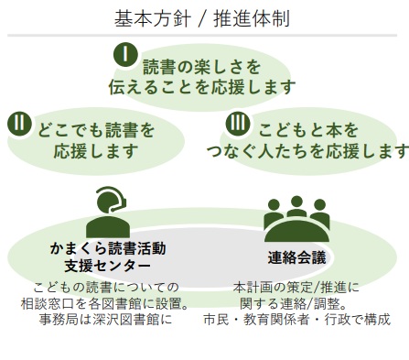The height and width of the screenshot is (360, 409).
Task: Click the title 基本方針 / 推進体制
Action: tap(204, 17)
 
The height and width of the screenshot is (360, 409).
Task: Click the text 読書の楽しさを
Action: tap(201, 67)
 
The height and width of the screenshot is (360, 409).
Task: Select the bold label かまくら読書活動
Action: tap(108, 248)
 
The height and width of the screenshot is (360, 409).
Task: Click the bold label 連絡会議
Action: tap(296, 257)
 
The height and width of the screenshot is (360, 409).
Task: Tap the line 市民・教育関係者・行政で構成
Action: tap(296, 320)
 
